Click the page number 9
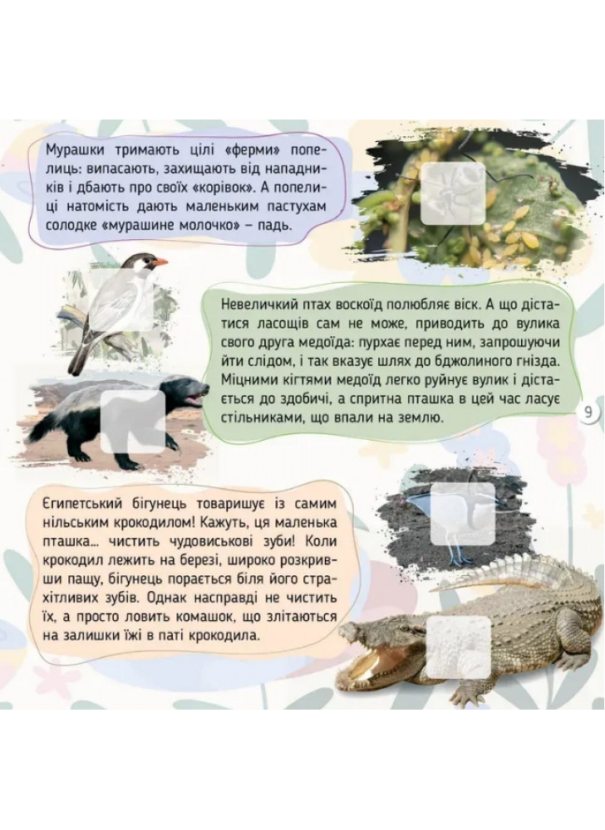588,413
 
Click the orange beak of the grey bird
159,261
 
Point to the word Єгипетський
78,504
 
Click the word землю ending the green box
423,418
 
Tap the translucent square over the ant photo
453,193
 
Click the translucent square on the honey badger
132,422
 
